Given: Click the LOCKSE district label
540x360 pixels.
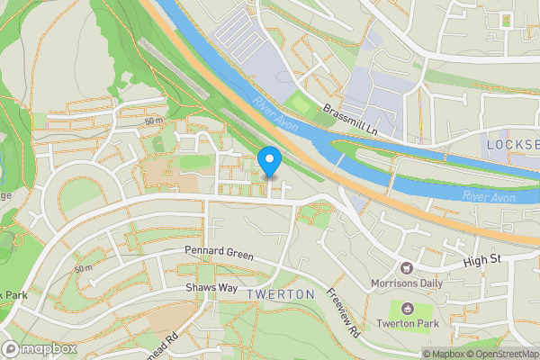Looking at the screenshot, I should point(512,145).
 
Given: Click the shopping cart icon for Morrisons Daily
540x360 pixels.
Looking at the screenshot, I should point(407,267).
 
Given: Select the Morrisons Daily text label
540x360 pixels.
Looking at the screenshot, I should point(408,283).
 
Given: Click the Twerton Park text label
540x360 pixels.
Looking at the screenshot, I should point(407,323).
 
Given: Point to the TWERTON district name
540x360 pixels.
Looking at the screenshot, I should point(281,294).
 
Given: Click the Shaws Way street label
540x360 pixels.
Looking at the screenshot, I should point(211,287).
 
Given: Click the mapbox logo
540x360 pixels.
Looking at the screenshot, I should point(39,348).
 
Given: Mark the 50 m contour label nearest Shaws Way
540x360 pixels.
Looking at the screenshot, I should point(83,268).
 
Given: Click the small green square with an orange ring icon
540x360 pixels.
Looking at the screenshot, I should point(506,19).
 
